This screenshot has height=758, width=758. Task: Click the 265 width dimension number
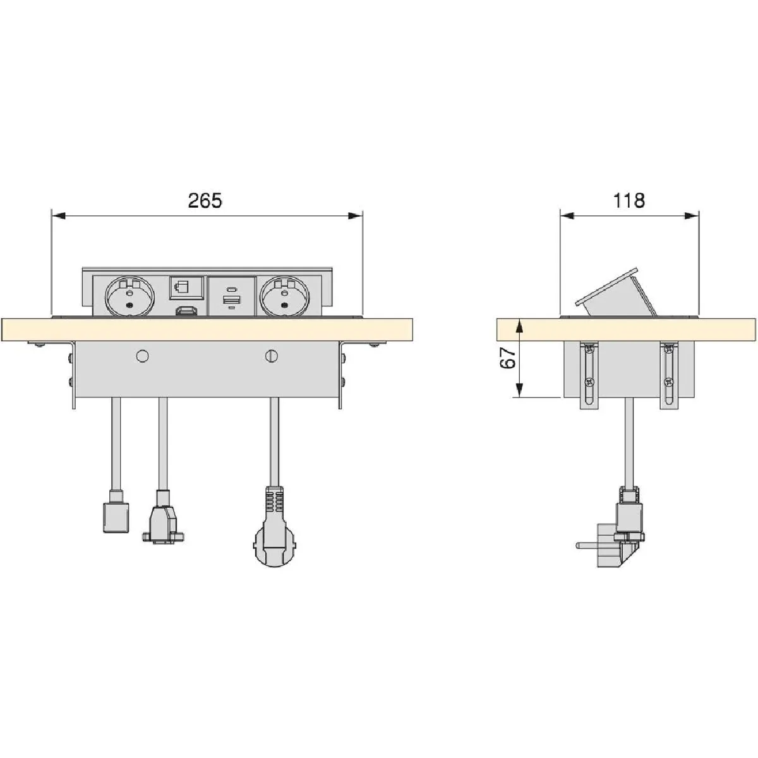[205, 201]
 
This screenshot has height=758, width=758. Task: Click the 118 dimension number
[629, 201]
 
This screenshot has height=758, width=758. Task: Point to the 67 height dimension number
[508, 358]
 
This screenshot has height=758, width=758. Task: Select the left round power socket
[129, 296]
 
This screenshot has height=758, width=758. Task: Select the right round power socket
[284, 296]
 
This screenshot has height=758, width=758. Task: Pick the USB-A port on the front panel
[232, 301]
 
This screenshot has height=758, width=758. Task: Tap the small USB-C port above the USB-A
[232, 289]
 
